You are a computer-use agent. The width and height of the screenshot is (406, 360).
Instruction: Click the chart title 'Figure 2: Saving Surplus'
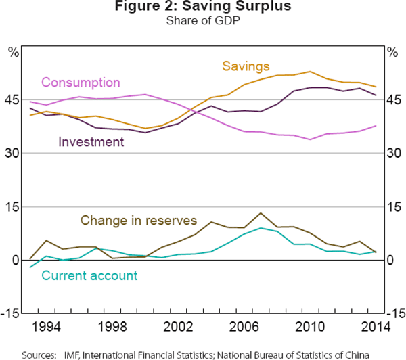pos(202,8)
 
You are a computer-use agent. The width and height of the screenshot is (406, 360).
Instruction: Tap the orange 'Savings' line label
pos(246,66)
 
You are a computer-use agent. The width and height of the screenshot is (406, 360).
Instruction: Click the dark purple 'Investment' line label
pos(91,141)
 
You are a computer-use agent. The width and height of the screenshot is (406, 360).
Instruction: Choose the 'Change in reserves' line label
pos(139,220)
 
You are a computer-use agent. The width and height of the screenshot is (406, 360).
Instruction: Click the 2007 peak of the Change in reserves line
pos(261,213)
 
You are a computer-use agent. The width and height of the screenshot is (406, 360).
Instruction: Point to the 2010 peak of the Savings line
pos(309,72)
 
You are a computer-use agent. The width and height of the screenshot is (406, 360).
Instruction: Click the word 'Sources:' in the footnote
pos(39,353)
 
